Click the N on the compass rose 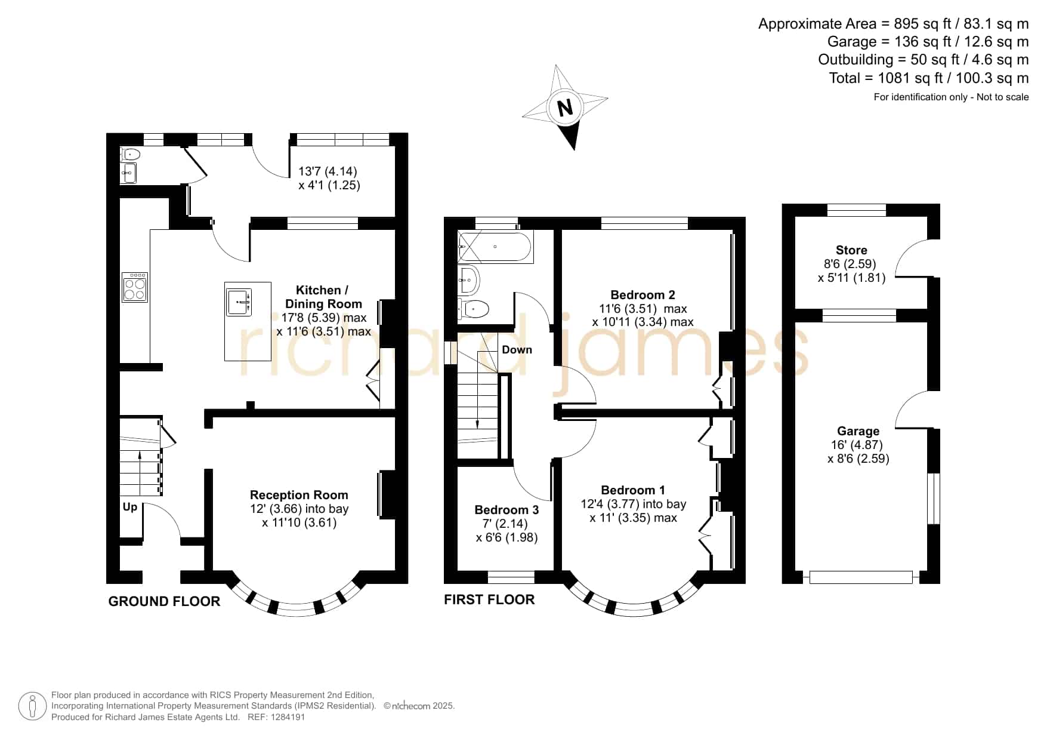coord(564,108)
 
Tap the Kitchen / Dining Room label coord(323,297)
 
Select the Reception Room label coord(299,495)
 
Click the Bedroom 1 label coord(633,490)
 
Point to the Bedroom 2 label coord(643,295)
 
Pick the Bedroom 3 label coord(506,510)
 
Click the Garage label coord(858,431)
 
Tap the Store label coord(851,250)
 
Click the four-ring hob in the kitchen coord(135,287)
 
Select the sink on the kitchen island coord(239,301)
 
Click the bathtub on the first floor coord(495,247)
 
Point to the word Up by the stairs coord(130,507)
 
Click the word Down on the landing coord(517,350)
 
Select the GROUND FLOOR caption coord(164,601)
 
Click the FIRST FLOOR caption coord(489,599)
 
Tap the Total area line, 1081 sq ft coord(929,78)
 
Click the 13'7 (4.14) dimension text coord(328,171)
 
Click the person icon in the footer coord(32,706)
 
